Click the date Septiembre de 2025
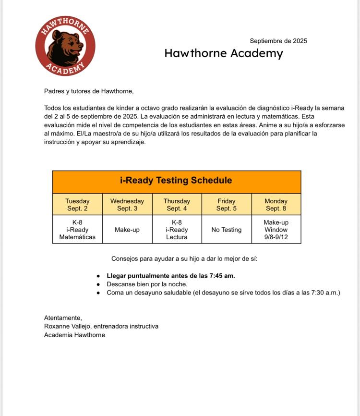[x=278, y=41]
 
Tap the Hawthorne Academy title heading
[x=224, y=53]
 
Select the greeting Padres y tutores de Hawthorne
[x=89, y=91]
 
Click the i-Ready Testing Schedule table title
[x=176, y=181]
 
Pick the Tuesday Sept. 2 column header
[x=77, y=205]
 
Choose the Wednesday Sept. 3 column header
[x=127, y=205]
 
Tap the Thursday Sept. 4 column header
[x=177, y=205]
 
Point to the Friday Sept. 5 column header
[x=227, y=205]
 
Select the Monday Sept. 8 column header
[x=276, y=205]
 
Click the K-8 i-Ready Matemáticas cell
[x=77, y=230]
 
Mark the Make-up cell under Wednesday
[x=127, y=230]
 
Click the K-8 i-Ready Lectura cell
[x=177, y=230]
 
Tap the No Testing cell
[x=227, y=230]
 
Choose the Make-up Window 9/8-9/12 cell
[x=276, y=230]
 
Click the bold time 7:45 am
[x=222, y=276]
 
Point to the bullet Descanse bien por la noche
[x=147, y=284]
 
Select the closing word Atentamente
[x=63, y=318]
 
